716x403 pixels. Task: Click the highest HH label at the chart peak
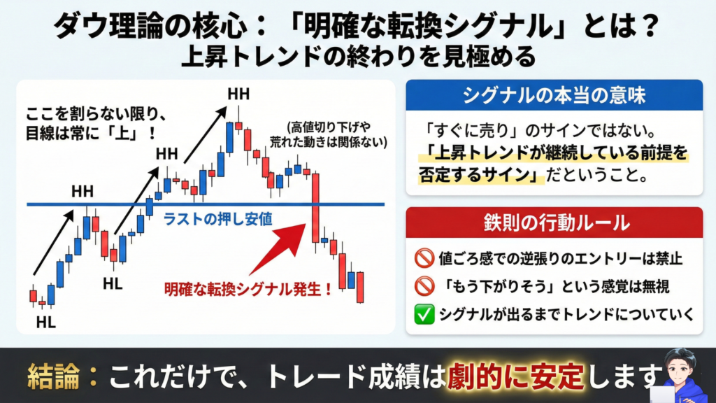(238, 94)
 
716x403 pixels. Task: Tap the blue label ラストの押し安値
(218, 219)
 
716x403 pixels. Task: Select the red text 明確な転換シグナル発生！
(248, 289)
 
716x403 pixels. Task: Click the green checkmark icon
(424, 314)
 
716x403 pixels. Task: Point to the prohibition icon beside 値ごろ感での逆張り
(424, 258)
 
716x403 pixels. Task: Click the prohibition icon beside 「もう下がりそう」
(424, 286)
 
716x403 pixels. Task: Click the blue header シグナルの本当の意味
(554, 95)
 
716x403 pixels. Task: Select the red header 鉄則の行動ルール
(554, 222)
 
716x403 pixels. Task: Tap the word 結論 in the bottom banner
(53, 376)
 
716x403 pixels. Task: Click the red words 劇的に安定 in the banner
(515, 376)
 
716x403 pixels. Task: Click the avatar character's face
(680, 367)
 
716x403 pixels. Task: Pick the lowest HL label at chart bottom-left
(45, 323)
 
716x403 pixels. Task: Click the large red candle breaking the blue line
(315, 207)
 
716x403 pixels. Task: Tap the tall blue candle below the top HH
(230, 138)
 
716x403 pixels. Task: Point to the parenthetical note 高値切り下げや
(329, 127)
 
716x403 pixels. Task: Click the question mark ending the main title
(650, 27)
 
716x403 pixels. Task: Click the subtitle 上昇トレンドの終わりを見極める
(358, 57)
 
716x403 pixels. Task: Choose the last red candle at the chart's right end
(360, 287)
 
